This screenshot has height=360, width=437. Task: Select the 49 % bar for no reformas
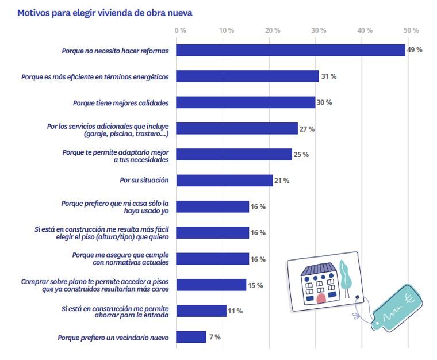(290, 51)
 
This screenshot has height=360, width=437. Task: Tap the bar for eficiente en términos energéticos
(247, 76)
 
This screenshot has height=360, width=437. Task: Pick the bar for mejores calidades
(246, 102)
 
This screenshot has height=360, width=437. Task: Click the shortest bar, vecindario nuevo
(191, 337)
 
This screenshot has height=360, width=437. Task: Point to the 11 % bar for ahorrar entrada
(201, 311)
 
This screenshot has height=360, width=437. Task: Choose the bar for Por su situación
(224, 181)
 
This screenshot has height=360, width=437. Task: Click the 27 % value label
(306, 129)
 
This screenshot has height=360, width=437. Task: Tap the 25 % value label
(301, 155)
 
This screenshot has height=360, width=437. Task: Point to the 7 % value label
(215, 337)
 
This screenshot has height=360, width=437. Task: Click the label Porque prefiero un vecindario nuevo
(113, 338)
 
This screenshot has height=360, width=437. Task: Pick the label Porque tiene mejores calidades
(120, 103)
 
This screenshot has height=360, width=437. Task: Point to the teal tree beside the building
(346, 275)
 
